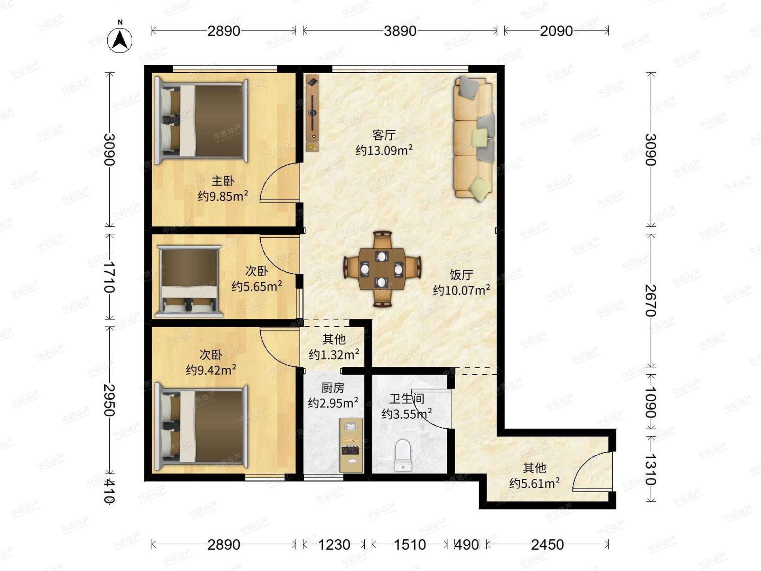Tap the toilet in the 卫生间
[403, 455]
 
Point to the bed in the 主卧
[201, 121]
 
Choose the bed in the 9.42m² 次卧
[201, 427]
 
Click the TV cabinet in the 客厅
[312, 113]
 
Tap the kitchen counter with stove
[351, 445]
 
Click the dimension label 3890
[400, 31]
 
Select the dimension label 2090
[556, 31]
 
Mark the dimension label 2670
[651, 300]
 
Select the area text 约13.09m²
[384, 150]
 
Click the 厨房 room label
[333, 388]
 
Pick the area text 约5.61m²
[534, 483]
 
